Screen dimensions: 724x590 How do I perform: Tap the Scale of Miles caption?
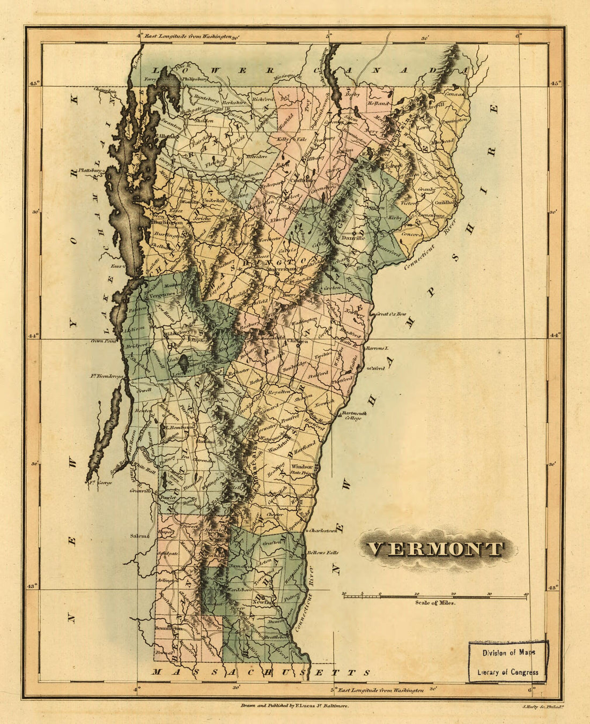point(435,603)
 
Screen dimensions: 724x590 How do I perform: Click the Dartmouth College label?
point(354,415)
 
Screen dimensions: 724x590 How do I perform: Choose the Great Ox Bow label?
point(391,314)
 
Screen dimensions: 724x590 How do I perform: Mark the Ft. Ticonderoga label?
point(107,377)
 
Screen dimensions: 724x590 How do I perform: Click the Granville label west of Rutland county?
point(140,490)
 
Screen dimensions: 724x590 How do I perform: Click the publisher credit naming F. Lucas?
point(295,706)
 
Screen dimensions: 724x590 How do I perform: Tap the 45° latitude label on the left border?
point(34,84)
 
